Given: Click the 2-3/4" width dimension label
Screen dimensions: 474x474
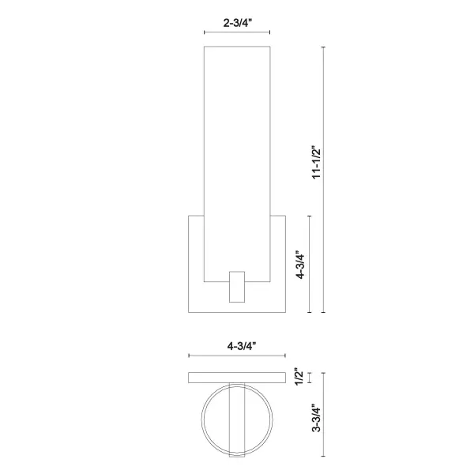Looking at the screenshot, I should (238, 24).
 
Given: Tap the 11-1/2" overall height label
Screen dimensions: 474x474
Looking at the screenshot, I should (316, 163).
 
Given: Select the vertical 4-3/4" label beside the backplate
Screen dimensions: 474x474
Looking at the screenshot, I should (299, 266).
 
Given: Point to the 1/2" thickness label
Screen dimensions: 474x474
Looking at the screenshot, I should (298, 378).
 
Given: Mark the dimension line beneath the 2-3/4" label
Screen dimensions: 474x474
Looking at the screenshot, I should (238, 33).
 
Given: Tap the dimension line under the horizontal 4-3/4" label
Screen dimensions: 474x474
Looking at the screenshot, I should (236, 357).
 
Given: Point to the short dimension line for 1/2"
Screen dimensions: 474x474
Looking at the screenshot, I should (309, 378).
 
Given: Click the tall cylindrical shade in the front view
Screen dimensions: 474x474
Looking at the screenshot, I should (238, 158).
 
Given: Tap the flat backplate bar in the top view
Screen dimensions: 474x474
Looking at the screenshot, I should (236, 378).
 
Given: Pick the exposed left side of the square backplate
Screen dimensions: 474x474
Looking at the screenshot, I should (195, 261).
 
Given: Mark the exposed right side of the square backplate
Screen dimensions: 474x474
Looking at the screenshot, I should (280, 261).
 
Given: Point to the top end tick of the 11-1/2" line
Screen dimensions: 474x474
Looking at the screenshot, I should (325, 47).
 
